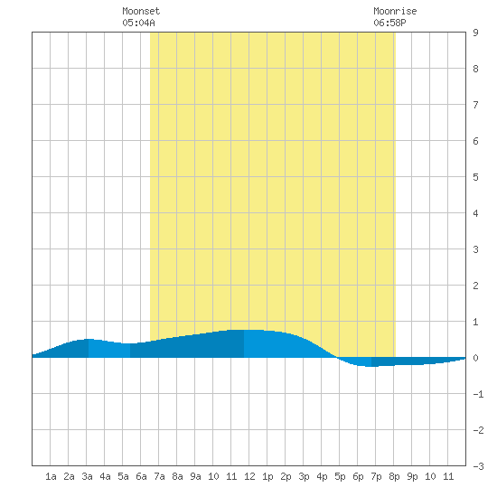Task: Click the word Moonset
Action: [x=141, y=11]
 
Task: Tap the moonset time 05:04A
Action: [x=138, y=23]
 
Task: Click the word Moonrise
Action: [x=395, y=11]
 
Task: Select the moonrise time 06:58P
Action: [x=389, y=23]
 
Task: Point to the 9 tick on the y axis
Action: [x=475, y=33]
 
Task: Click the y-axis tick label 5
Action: [x=475, y=177]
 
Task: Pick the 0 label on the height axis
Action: [x=475, y=358]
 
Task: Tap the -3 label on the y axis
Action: [x=478, y=466]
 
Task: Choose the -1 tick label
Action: [x=478, y=394]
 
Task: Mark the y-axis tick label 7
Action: [x=475, y=105]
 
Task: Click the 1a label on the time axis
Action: [x=51, y=476]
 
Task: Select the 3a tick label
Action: [x=87, y=476]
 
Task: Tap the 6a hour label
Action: [x=141, y=476]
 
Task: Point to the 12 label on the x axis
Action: [x=249, y=476]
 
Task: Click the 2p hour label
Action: [x=286, y=476]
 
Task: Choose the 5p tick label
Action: [x=340, y=476]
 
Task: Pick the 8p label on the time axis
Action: [x=394, y=476]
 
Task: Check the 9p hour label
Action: [x=412, y=476]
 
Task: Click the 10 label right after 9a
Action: [x=213, y=476]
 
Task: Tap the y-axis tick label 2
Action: [x=475, y=286]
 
